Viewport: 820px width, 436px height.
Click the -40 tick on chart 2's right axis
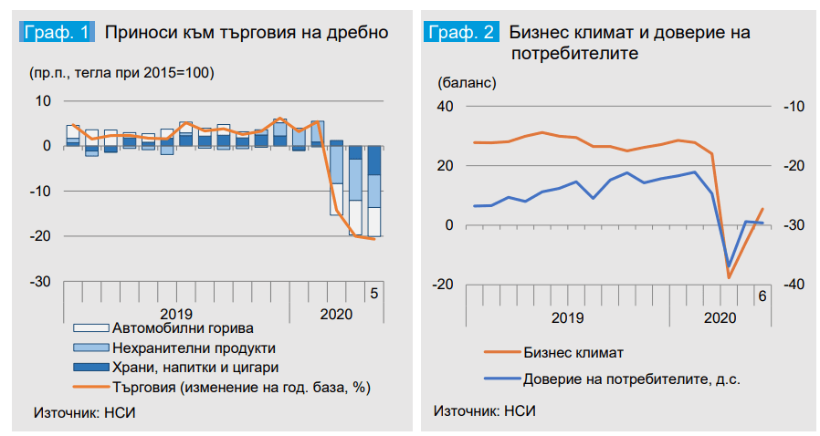(x=791, y=285)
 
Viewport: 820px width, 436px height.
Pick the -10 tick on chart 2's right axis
(x=791, y=107)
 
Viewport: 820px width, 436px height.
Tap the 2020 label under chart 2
(x=720, y=317)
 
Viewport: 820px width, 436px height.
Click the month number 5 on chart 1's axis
(x=373, y=293)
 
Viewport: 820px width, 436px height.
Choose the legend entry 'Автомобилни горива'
(x=182, y=327)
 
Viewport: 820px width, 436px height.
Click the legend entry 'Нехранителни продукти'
(x=193, y=348)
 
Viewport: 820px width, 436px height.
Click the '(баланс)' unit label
(x=467, y=82)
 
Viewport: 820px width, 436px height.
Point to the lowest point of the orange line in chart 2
(x=729, y=277)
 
